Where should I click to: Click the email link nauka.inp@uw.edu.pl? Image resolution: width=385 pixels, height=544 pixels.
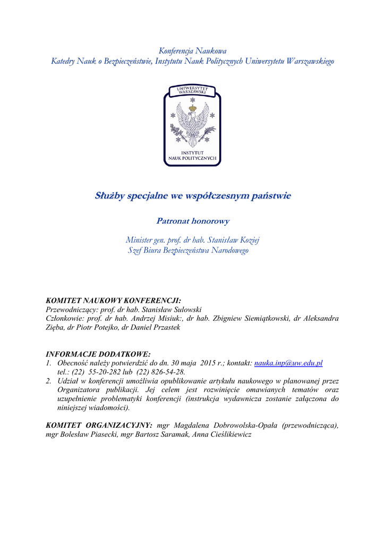(x=288, y=363)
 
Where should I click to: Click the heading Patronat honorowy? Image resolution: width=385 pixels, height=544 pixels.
(x=192, y=220)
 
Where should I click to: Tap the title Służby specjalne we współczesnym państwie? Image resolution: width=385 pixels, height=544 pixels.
(x=193, y=196)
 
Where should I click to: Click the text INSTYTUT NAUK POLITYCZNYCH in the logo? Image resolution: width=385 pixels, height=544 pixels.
(x=192, y=155)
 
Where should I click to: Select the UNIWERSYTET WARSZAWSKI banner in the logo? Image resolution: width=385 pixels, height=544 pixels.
(x=192, y=90)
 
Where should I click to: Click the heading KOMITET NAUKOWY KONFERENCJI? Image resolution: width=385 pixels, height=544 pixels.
(x=114, y=300)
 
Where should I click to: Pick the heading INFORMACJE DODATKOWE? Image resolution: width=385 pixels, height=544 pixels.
(x=98, y=354)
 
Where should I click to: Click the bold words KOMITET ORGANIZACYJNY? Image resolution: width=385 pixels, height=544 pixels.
(x=99, y=425)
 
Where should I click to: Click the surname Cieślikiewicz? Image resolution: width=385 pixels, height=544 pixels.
(x=226, y=434)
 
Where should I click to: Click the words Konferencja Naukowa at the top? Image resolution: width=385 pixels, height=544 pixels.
(x=192, y=51)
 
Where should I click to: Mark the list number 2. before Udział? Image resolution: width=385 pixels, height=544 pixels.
(x=49, y=381)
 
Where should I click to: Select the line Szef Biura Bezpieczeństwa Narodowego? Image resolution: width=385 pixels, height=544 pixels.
(x=188, y=250)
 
